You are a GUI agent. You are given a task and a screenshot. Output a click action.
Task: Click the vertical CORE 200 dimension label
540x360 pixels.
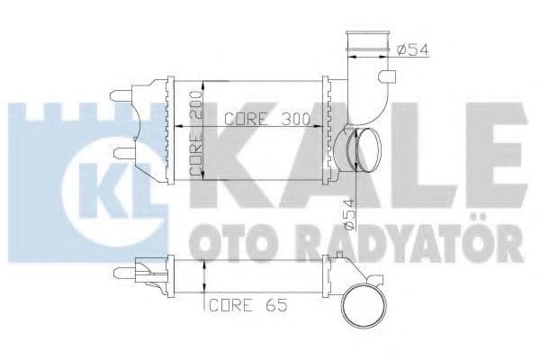[195, 135]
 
